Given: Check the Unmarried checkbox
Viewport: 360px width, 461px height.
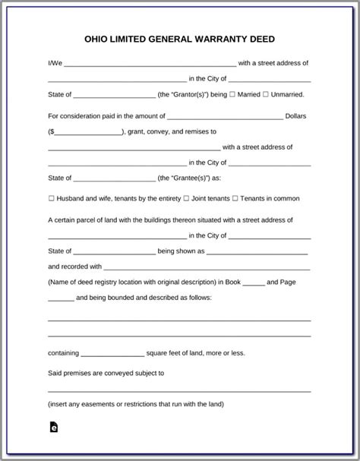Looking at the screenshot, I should [x=266, y=94].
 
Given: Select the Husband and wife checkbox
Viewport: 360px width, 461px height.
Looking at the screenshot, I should [x=51, y=198].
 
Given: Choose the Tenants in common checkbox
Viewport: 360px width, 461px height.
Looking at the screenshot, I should [x=235, y=198].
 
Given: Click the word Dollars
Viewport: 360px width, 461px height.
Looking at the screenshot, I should [x=295, y=116].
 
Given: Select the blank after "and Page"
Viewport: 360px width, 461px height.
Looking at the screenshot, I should [x=61, y=298].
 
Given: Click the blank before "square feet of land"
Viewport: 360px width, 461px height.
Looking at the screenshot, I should [x=112, y=353].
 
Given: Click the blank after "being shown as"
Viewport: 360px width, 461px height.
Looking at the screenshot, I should [x=257, y=251].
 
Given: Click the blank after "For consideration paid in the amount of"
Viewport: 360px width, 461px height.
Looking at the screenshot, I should [x=225, y=116].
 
